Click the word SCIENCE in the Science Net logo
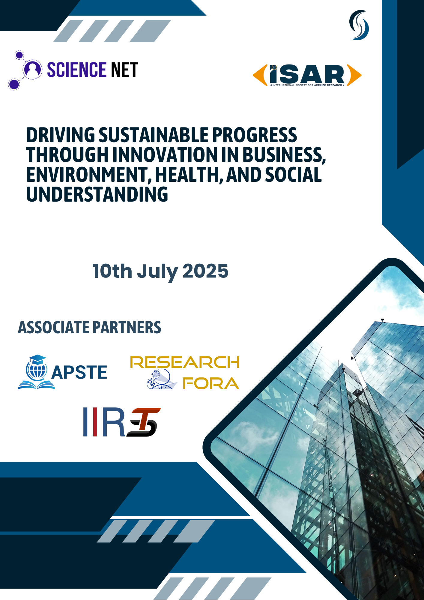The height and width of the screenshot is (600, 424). pos(77,70)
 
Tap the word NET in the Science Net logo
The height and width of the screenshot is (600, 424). pos(125,70)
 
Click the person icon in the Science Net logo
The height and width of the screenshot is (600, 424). pos(32,69)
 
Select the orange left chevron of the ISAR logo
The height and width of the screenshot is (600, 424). pos(260,75)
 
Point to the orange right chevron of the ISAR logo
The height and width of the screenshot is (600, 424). pos(354,75)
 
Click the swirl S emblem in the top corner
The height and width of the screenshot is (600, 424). pos(359,25)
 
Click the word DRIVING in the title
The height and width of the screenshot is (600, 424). pos(61,135)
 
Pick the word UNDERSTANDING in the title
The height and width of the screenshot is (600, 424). pos(97,194)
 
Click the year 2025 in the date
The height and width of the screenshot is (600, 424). pos(205,271)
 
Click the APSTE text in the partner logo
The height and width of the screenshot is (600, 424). pos(79,372)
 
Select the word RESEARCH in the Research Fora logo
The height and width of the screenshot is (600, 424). pos(185,362)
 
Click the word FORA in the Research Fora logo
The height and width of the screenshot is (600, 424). pos(211,383)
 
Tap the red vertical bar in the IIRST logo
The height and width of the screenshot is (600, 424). pos(95,422)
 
